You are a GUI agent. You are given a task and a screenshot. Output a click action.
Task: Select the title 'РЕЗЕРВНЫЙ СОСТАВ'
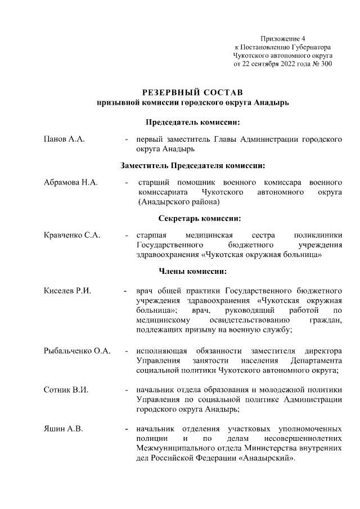(x=192, y=92)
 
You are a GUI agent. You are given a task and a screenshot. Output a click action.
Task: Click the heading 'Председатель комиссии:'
(x=192, y=122)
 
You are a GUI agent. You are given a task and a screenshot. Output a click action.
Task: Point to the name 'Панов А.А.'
(x=64, y=139)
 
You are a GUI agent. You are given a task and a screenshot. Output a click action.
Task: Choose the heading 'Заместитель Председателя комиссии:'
(x=192, y=165)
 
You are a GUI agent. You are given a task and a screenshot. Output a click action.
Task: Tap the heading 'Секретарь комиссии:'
(x=192, y=218)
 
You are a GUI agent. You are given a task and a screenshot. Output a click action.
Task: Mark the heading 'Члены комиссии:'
(x=192, y=272)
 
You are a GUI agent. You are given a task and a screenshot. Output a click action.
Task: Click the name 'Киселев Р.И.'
(x=67, y=291)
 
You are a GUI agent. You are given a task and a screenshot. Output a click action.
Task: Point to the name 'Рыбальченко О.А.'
(x=77, y=350)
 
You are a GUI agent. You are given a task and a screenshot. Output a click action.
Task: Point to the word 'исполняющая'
(x=160, y=350)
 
